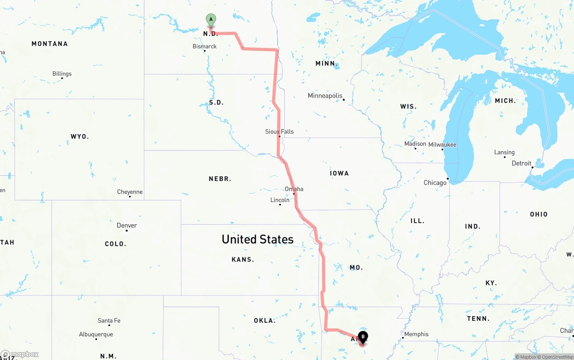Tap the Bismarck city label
pos(204,47)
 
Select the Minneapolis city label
pos(325,96)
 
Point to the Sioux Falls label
pos(279,131)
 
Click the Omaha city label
pos(294,189)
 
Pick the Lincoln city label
pos(280,200)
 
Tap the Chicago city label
pos(435,182)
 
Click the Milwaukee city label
pos(442,144)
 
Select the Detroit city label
pos(521,163)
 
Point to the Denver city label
pos(126,226)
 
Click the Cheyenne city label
pos(130,192)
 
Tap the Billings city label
pos(62,74)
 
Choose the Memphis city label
pos(416,334)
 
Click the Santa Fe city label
pos(109,321)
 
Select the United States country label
pos(257,239)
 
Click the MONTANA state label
pos(49,44)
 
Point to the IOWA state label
pos(339,173)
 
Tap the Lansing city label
pos(504,152)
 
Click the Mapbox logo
pos(20,354)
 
